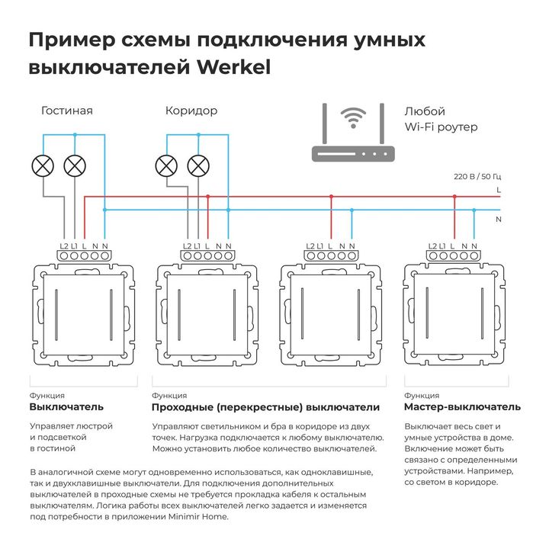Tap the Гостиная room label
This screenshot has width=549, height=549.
pos(67,111)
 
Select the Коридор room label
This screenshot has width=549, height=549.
pos(191,111)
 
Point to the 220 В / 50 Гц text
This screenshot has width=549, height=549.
pos(477,176)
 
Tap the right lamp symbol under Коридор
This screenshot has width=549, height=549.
pos(198,165)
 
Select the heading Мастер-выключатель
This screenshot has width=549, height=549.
pos(462,406)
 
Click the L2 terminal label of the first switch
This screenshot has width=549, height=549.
pos(64,246)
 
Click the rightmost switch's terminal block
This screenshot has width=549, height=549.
pos(454,256)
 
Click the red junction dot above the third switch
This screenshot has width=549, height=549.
pos(331,196)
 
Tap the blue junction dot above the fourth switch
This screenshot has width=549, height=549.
pos(474,210)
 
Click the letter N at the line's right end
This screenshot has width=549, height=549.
pos(499,219)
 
